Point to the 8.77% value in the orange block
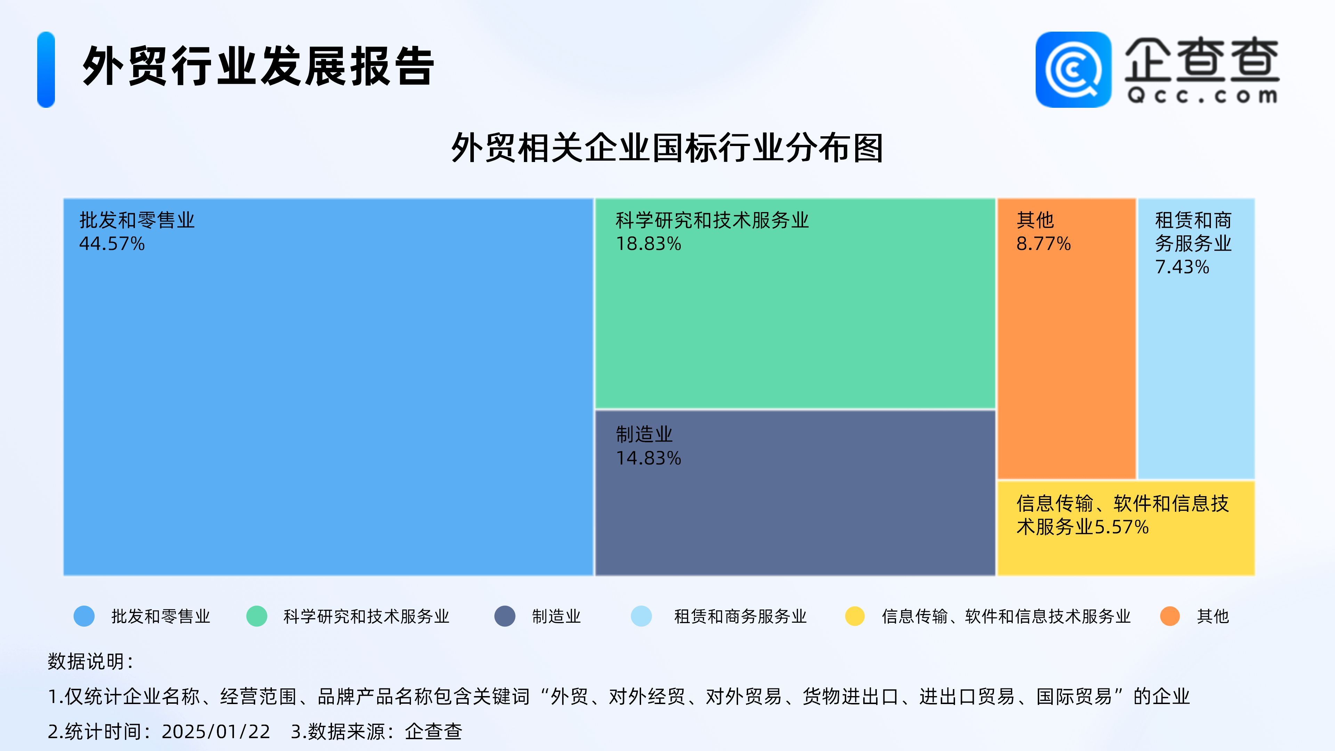coord(1043,244)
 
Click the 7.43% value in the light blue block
coord(1182,267)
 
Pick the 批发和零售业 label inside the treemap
coord(137,220)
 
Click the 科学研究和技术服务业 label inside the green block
coord(712,220)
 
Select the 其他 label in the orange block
coord(1035,220)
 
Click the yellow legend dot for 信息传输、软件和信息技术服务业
coord(855,616)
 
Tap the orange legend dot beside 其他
coord(1170,616)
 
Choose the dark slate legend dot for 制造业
coord(505,616)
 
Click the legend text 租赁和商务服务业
coord(740,616)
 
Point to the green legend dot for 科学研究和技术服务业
coord(257,616)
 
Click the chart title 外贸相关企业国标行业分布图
coord(667,148)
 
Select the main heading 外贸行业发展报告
coord(258,66)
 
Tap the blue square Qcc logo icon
coord(1073,70)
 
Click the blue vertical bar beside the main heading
coord(46,70)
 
